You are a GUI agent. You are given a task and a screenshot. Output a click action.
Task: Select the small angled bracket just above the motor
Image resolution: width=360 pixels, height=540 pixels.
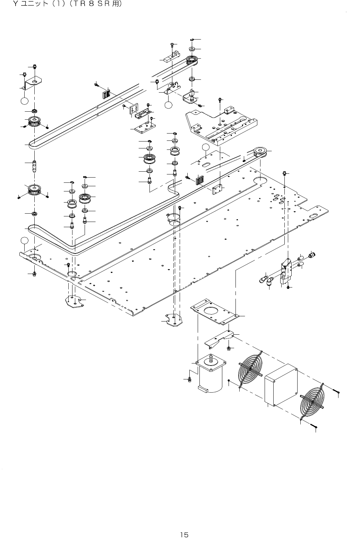click(218, 340)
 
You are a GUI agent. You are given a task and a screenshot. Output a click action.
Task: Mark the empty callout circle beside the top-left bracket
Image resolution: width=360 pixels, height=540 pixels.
click(24, 101)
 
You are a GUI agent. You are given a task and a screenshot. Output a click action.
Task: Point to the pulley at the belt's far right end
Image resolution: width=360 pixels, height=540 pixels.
click(259, 152)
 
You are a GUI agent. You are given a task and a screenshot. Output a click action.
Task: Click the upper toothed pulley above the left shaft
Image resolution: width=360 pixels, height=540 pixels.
click(34, 121)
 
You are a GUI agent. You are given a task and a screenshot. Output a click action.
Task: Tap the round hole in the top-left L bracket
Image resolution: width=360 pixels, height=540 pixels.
click(35, 82)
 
